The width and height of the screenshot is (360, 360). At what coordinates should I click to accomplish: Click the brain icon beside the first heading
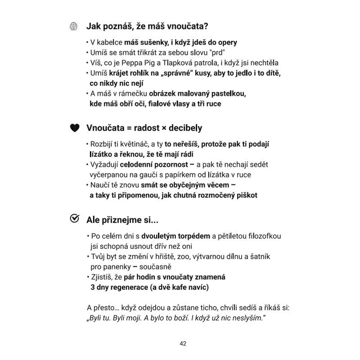coord(74,27)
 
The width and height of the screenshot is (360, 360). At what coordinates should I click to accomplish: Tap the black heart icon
coord(74,128)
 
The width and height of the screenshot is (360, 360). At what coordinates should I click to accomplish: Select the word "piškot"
coord(247,195)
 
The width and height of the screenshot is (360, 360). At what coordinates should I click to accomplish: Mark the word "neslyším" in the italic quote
coord(244,318)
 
